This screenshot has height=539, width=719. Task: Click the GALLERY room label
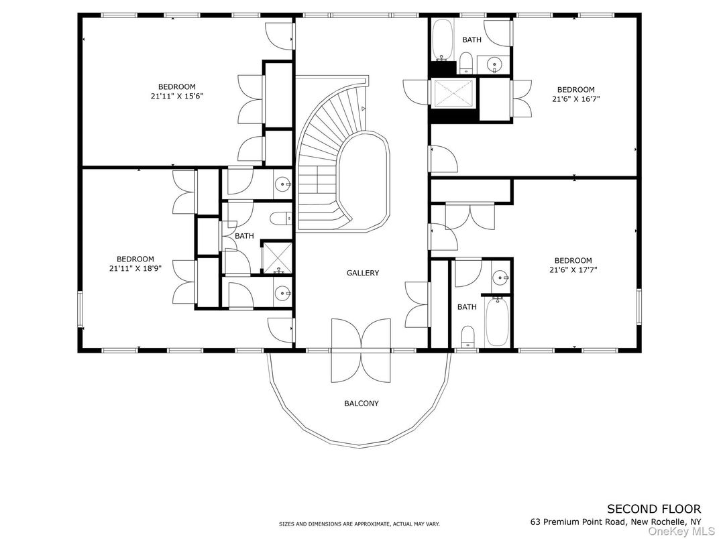pyautogui.click(x=362, y=273)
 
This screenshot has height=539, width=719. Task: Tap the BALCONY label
pyautogui.click(x=362, y=404)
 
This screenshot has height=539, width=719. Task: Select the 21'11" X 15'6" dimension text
pyautogui.click(x=176, y=96)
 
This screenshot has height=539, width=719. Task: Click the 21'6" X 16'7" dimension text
pyautogui.click(x=575, y=99)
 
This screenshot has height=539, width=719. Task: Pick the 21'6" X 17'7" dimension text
pyautogui.click(x=573, y=270)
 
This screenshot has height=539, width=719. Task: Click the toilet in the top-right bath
pyautogui.click(x=467, y=66)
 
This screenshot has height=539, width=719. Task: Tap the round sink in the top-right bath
pyautogui.click(x=496, y=65)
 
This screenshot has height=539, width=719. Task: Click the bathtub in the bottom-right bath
pyautogui.click(x=497, y=321)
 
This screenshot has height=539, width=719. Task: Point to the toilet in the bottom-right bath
pyautogui.click(x=467, y=336)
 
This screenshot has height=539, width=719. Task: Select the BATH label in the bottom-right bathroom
pyautogui.click(x=467, y=307)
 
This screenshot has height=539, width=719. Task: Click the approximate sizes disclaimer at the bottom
pyautogui.click(x=359, y=524)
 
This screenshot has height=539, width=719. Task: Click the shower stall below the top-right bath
pyautogui.click(x=453, y=93)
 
